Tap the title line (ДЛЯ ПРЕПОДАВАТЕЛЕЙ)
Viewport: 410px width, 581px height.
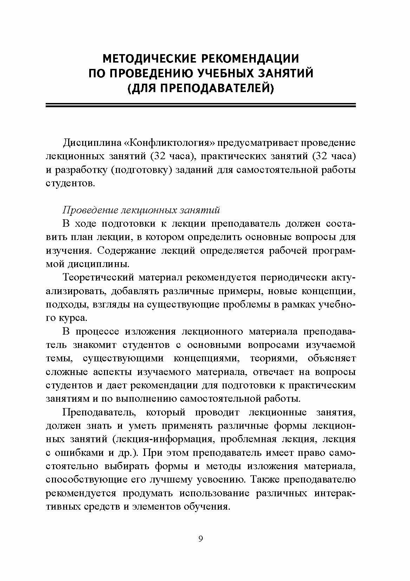(x=201, y=89)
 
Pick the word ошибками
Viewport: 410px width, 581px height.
(x=76, y=453)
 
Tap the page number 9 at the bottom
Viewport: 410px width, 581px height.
(x=201, y=539)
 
